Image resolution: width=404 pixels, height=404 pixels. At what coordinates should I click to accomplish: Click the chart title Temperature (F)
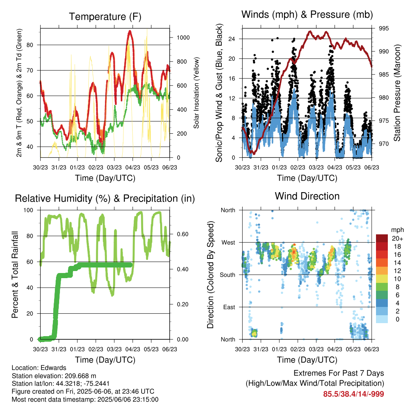pos(105,17)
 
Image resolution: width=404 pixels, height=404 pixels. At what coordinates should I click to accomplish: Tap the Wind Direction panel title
pos(307,196)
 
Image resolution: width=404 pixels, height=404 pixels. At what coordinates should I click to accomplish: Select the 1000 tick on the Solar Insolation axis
pos(183,37)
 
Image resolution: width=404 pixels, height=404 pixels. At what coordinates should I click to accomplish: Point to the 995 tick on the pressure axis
pos(383,28)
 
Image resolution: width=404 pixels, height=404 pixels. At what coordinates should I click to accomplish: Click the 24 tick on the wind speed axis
pos(232,39)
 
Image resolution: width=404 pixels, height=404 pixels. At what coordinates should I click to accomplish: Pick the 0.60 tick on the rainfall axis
pos(183,234)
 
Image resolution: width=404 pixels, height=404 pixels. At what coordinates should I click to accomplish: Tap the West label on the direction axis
pos(228,243)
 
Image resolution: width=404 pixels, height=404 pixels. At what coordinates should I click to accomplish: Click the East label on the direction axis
pos(229,307)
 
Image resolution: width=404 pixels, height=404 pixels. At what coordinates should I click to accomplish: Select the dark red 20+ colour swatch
pos(382,238)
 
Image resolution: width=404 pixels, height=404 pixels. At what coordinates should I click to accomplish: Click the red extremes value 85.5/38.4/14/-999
pos(353,394)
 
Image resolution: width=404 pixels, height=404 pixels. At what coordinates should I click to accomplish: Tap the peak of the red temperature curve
pos(130,32)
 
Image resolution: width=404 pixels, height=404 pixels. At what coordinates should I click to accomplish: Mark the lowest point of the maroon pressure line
pos(254,153)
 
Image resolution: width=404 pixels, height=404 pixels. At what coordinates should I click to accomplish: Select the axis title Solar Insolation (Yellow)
pos(196,93)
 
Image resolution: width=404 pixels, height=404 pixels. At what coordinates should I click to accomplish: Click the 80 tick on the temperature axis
pos(30,45)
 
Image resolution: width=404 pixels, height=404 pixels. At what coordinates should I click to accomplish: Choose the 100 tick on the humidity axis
pos(28,210)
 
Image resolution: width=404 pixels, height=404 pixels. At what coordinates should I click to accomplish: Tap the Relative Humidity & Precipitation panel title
pos(105,199)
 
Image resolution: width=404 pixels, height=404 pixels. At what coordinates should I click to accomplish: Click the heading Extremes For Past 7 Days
pos(339,373)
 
